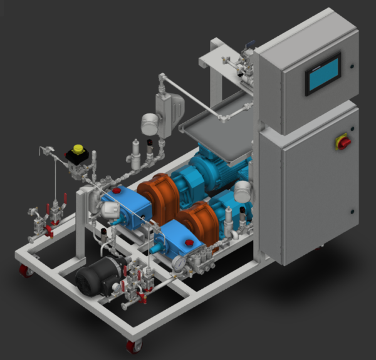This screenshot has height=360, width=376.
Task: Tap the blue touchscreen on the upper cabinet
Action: pyautogui.click(x=323, y=74)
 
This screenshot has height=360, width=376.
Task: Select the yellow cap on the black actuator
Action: pyautogui.click(x=78, y=149)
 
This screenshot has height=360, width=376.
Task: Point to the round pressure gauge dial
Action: pyautogui.click(x=179, y=264)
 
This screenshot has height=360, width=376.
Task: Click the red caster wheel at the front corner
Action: pyautogui.click(x=133, y=345)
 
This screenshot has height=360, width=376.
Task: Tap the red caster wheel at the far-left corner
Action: pyautogui.click(x=24, y=270)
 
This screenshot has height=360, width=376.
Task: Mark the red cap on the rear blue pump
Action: pyautogui.click(x=116, y=190)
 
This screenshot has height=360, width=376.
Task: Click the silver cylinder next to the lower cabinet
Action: pyautogui.click(x=243, y=192)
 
